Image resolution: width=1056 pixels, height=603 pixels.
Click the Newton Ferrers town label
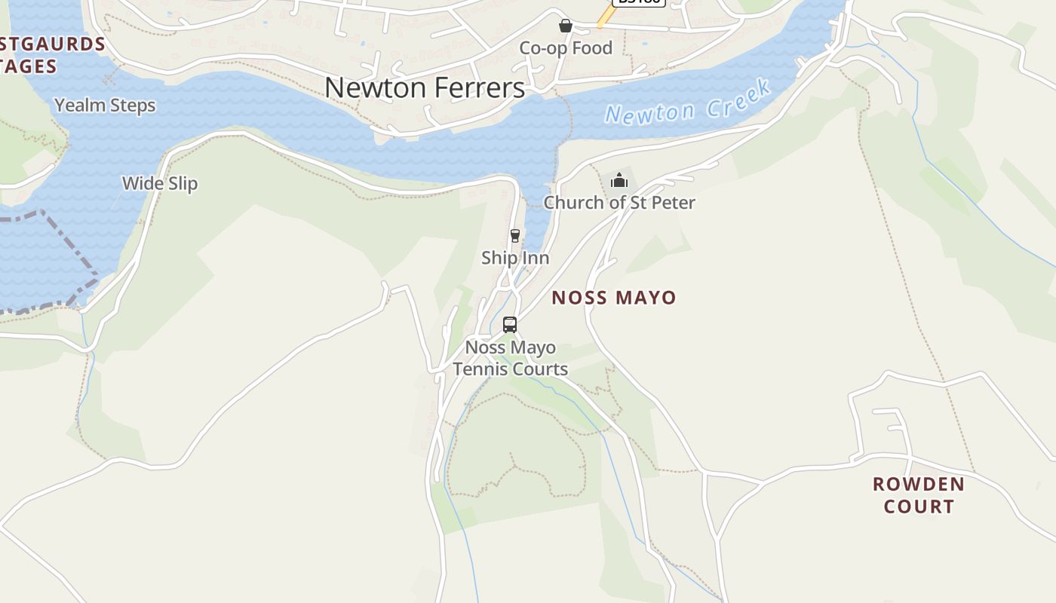425,87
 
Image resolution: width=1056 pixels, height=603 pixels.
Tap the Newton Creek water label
688,103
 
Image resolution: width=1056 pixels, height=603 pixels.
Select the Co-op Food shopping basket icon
566,26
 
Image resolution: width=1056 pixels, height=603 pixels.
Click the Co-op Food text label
566,48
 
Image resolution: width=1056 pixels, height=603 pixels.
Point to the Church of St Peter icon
619,180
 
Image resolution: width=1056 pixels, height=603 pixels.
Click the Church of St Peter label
619,202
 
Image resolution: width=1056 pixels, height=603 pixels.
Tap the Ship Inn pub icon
515,236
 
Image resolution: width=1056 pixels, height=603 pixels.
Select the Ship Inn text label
515,258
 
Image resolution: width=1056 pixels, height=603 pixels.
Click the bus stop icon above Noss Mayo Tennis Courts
510,325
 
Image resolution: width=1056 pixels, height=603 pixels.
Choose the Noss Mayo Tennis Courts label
510,358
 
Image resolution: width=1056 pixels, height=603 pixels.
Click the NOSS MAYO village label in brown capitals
614,297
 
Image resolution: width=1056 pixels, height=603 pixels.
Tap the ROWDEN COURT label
919,494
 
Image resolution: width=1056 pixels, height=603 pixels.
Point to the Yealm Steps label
105,106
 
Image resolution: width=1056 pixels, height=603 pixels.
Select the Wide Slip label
160,183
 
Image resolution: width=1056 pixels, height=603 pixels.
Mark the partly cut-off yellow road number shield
638,2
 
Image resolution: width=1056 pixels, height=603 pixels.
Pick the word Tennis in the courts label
481,369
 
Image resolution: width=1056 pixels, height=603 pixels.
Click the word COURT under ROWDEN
919,506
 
